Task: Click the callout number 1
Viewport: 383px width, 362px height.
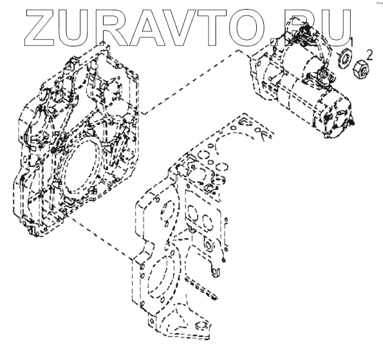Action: coord(351,43)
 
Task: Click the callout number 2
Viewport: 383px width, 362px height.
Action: coord(370,55)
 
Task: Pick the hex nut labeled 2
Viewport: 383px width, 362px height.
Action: coord(361,69)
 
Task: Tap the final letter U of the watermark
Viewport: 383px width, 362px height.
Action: coord(335,28)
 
